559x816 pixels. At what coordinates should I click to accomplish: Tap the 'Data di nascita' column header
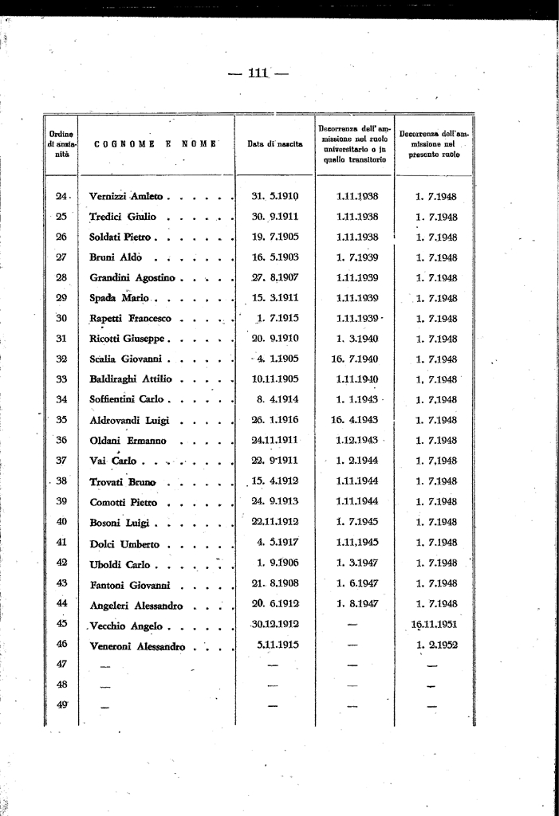point(274,144)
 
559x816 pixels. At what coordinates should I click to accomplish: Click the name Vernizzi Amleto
point(126,196)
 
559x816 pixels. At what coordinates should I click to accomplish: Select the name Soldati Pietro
point(122,237)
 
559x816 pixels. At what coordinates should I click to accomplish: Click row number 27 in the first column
point(61,257)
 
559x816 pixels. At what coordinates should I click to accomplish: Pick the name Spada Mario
point(116,298)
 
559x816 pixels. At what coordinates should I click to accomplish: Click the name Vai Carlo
point(113,461)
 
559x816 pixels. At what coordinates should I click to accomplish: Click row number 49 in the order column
point(61,704)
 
